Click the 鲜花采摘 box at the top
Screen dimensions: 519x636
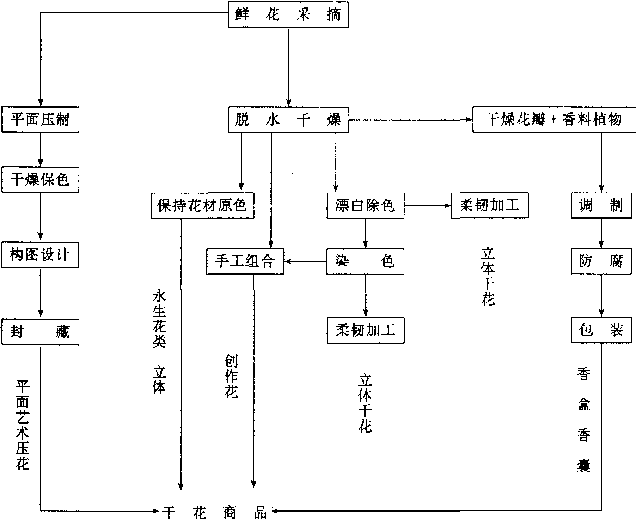tap(287, 15)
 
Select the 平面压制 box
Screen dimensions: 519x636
tap(40, 120)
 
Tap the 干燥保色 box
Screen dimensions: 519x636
tap(40, 180)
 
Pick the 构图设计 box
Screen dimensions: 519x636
tap(40, 254)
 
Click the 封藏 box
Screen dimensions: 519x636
tap(40, 331)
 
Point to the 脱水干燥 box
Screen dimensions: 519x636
tap(288, 120)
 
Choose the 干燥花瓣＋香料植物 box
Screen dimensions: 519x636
tap(554, 120)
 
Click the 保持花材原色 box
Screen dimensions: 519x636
tap(203, 205)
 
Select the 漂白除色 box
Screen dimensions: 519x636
tap(365, 205)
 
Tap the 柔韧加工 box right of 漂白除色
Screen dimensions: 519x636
tap(489, 205)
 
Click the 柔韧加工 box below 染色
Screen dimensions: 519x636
tap(365, 330)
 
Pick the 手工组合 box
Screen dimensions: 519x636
tap(245, 261)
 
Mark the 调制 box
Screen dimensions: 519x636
tap(601, 205)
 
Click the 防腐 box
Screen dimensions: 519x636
tap(601, 261)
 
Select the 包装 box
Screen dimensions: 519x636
tap(601, 330)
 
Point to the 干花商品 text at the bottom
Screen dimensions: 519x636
tap(215, 511)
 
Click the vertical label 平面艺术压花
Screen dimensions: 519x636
tap(22, 425)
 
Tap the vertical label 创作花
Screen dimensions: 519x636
tap(231, 376)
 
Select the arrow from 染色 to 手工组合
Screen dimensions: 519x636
tap(305, 262)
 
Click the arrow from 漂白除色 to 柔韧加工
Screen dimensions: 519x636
tap(428, 205)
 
